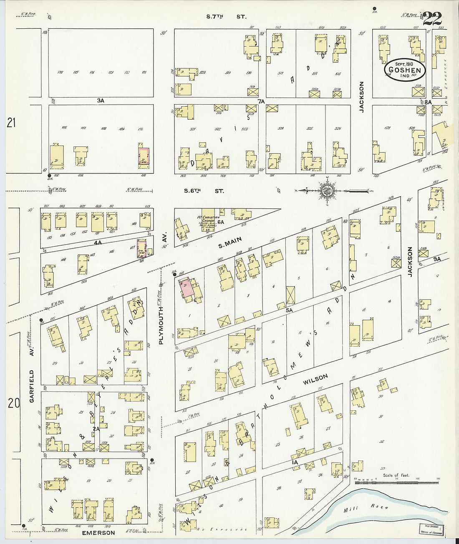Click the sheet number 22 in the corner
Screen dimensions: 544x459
(x=432, y=19)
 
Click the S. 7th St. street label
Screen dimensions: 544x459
(x=227, y=17)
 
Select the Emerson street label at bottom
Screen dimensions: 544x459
(x=98, y=533)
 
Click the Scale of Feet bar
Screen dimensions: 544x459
(x=396, y=482)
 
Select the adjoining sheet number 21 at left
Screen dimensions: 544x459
(x=11, y=123)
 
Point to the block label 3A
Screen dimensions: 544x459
(x=100, y=100)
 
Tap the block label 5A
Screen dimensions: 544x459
(x=289, y=310)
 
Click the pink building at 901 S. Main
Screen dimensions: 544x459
(x=186, y=288)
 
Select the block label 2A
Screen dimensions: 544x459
(x=96, y=429)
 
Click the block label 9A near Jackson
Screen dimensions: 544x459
(x=436, y=259)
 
